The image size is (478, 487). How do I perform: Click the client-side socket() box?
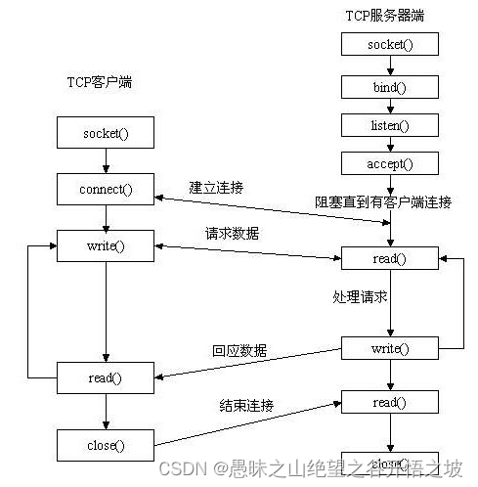[106, 131]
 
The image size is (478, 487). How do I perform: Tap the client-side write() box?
[106, 245]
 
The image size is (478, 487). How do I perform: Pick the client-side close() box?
[106, 445]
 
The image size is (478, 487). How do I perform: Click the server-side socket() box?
[390, 45]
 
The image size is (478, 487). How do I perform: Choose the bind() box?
[390, 86]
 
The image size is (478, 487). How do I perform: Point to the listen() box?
[390, 126]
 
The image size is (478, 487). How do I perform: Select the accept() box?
[390, 164]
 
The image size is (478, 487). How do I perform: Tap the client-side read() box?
[106, 377]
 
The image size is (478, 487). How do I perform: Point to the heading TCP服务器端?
[385, 16]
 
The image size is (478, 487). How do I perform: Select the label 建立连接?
[216, 186]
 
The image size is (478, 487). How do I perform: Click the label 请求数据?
[231, 234]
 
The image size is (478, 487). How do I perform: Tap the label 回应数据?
[239, 350]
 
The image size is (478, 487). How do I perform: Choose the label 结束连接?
[246, 405]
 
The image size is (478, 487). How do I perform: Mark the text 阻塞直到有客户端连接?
[383, 202]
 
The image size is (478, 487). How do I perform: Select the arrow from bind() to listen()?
[390, 106]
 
